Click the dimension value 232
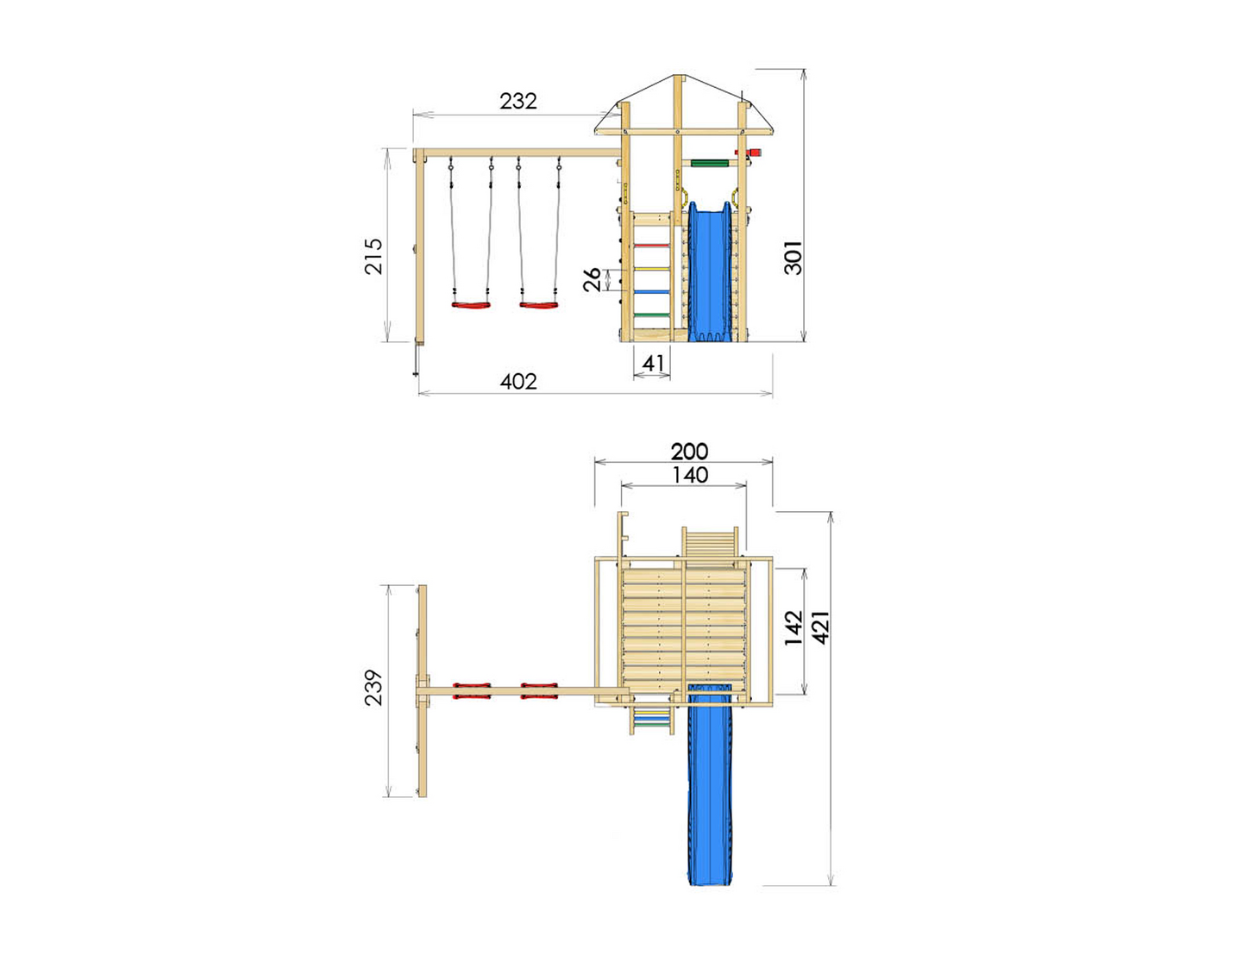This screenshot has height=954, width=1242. click(518, 101)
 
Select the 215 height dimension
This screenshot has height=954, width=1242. click(373, 256)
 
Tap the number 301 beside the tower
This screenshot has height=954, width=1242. click(793, 258)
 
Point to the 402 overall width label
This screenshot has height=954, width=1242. click(518, 381)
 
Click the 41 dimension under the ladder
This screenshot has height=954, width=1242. click(653, 363)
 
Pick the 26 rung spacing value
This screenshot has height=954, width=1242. click(593, 279)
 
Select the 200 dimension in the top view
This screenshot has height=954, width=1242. click(689, 451)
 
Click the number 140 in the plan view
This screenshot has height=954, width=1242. click(690, 475)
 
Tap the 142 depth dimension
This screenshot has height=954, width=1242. click(793, 627)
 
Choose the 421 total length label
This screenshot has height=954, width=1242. click(821, 627)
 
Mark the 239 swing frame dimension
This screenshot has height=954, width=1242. click(373, 688)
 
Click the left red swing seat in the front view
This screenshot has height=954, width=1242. click(470, 304)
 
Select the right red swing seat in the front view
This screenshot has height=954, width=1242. click(538, 304)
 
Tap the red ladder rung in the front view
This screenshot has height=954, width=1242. click(652, 246)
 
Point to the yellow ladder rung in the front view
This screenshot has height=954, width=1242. click(652, 269)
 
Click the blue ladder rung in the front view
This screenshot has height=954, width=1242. click(652, 292)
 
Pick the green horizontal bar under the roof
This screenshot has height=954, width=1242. click(709, 163)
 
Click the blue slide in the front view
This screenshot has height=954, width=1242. click(711, 271)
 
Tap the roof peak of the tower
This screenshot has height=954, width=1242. click(678, 78)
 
